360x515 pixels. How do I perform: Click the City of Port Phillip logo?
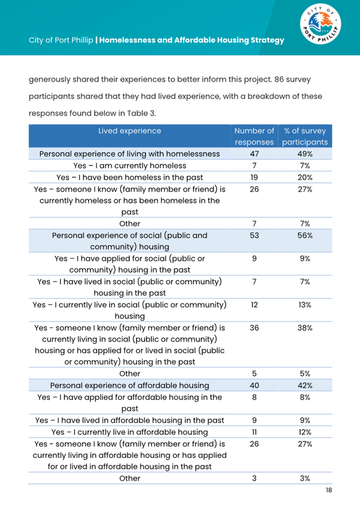tap(319, 28)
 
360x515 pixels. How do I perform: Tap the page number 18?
tap(328, 490)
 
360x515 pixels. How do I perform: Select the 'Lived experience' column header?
tap(129, 131)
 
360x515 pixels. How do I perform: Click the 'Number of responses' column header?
tap(254, 137)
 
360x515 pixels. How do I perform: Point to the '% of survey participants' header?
tap(305, 137)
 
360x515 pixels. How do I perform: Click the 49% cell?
tap(305, 154)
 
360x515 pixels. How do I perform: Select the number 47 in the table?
tap(254, 154)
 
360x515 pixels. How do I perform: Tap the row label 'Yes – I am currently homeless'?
tap(129, 165)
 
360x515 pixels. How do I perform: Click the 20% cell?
tap(305, 177)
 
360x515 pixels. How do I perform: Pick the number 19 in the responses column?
tap(254, 177)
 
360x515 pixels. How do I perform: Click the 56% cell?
tap(305, 235)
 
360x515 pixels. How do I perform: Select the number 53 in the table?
tap(254, 235)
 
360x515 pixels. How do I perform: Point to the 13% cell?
tap(305, 305)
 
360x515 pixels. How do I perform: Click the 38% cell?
tap(305, 328)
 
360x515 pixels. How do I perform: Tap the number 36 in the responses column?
tap(254, 328)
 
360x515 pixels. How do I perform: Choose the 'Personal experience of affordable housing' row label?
tap(129, 386)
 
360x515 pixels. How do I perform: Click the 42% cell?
tap(305, 386)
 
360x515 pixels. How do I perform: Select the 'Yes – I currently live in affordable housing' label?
tap(129, 432)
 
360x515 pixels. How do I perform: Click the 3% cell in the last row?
tap(305, 478)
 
